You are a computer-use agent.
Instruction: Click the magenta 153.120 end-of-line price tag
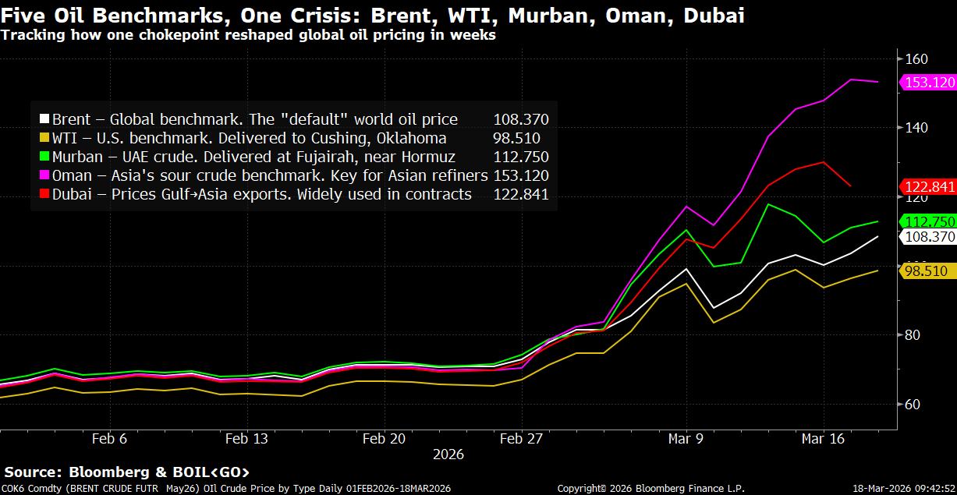[929, 82]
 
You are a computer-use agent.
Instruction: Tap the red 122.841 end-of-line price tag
[929, 186]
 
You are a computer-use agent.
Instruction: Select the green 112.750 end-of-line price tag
[929, 221]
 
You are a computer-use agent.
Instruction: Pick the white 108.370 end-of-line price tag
[929, 236]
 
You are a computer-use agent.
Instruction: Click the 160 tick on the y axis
[916, 58]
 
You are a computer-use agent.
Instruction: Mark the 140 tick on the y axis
[916, 127]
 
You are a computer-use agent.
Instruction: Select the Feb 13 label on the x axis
[246, 439]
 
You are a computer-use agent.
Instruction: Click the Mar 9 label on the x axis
[686, 439]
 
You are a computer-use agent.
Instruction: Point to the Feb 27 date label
[520, 439]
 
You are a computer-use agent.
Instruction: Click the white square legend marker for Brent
[45, 120]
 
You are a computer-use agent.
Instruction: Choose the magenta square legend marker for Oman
[45, 176]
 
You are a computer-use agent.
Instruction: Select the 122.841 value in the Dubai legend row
[521, 195]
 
